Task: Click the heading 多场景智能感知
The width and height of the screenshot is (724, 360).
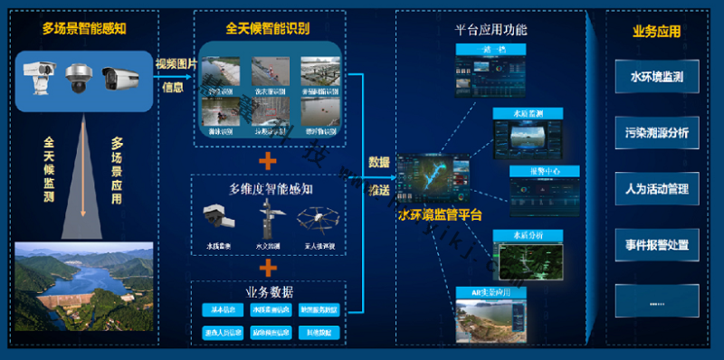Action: tap(83, 28)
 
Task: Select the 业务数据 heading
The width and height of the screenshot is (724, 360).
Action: tap(269, 291)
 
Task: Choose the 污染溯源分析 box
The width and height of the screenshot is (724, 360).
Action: tap(656, 133)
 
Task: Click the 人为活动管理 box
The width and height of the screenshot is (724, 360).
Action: tap(656, 189)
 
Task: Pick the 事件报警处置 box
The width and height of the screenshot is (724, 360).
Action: tap(656, 244)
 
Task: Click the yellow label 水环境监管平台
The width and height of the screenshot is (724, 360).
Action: tap(440, 215)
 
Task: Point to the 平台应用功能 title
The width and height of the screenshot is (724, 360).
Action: tap(491, 29)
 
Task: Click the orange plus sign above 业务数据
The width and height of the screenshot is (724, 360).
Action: tap(268, 268)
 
